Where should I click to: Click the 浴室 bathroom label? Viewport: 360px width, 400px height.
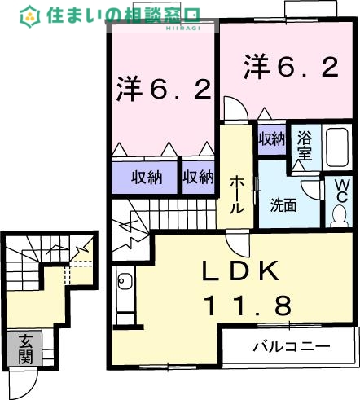(305, 144)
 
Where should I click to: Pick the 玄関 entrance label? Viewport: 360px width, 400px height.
(27, 349)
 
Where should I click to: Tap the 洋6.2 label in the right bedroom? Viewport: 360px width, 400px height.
(289, 68)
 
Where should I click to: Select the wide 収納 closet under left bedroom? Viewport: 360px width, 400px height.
(143, 176)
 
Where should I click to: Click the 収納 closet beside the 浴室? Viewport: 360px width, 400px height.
(271, 138)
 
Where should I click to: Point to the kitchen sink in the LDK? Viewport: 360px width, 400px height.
(125, 284)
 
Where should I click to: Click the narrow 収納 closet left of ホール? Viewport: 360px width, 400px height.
(197, 176)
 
